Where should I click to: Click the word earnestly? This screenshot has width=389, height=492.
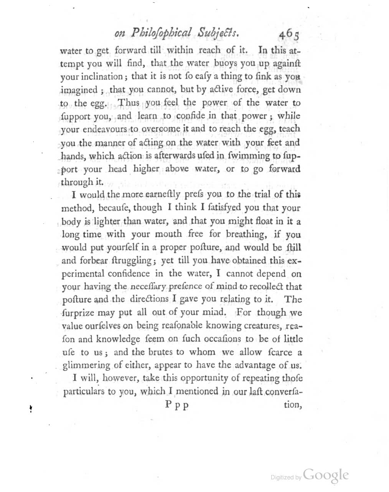point(167,195)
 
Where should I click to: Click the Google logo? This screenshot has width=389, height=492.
point(326,475)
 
